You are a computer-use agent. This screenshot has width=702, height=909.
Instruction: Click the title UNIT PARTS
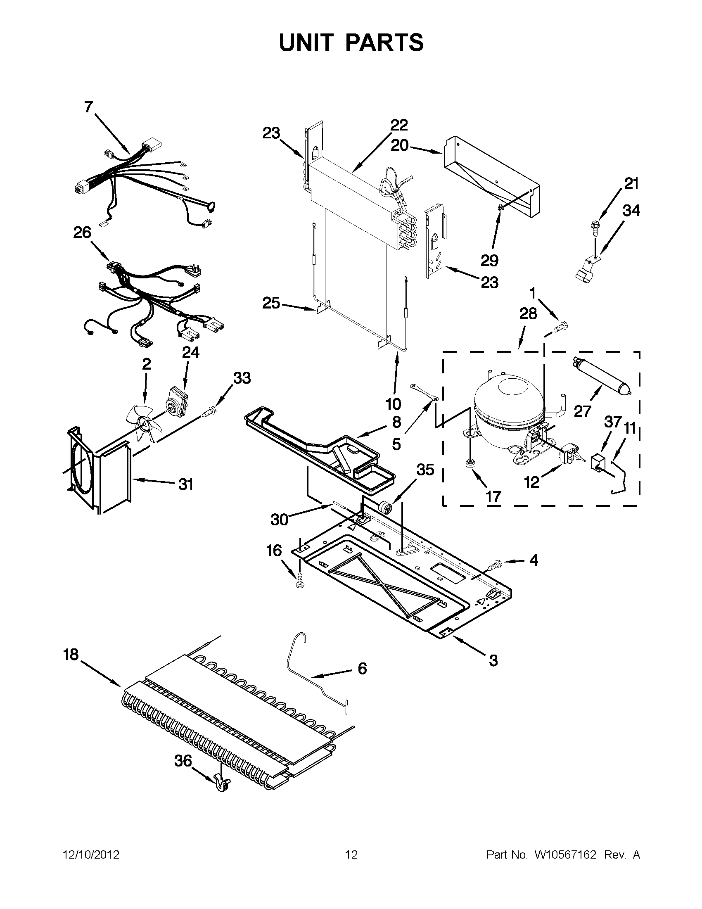coord(351,42)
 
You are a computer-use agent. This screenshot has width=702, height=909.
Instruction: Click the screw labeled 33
coord(211,413)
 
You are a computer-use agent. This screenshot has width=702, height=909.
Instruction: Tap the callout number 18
coord(71,655)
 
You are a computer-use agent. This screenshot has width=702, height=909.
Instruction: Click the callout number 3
coord(493,660)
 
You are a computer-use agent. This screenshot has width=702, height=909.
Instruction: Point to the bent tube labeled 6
coord(316,681)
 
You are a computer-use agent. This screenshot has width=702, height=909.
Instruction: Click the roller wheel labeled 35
coord(384,508)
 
